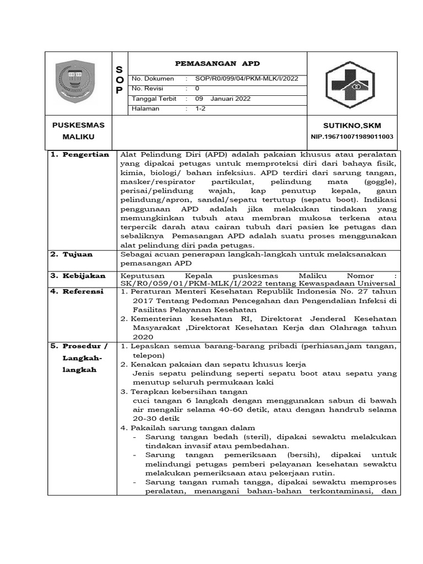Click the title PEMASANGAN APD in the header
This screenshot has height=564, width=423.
click(x=217, y=63)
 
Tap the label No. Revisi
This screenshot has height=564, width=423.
click(x=151, y=89)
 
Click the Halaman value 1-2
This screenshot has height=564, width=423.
click(x=200, y=109)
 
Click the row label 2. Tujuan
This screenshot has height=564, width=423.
click(x=72, y=254)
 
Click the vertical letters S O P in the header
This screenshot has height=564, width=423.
click(x=119, y=79)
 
